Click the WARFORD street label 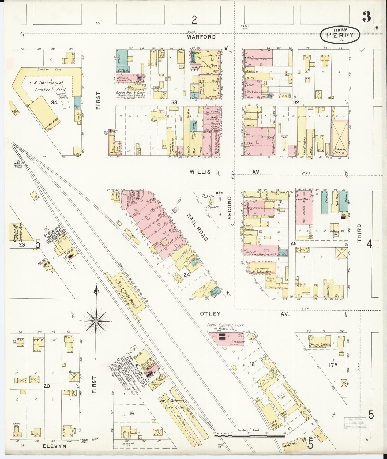201,37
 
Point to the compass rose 96,321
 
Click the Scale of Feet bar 249,436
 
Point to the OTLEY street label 210,314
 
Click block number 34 54,102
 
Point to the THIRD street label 359,233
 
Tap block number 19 131,413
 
